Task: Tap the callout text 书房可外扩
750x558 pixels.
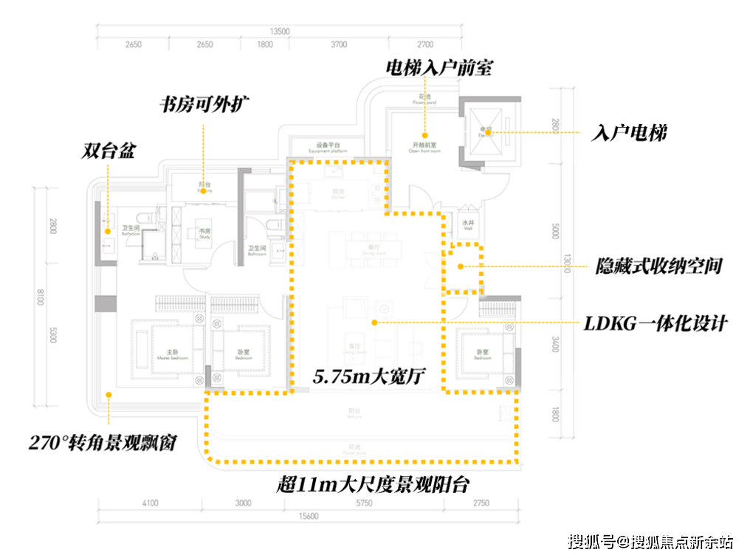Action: pos(206,104)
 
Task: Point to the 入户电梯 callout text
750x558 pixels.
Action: pos(630,134)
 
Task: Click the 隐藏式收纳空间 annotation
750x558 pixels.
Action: pos(658,266)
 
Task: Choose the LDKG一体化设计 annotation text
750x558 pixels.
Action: pos(655,323)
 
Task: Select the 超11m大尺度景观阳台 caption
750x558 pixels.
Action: pos(373,484)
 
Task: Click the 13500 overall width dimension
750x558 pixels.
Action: pos(280,32)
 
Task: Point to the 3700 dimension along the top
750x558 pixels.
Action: pos(338,45)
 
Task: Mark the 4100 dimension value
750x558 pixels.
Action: pos(150,503)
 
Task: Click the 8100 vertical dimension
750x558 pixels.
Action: pos(41,299)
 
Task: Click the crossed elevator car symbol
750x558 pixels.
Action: pos(484,133)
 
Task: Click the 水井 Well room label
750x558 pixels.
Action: pos(468,224)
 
